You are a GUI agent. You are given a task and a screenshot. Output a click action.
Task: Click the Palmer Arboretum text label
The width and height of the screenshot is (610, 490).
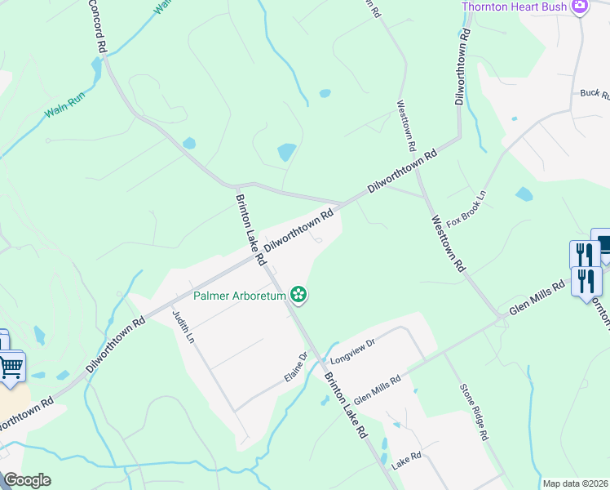tap(239, 296)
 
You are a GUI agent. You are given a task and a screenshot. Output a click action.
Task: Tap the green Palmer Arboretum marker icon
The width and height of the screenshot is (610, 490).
tap(299, 294)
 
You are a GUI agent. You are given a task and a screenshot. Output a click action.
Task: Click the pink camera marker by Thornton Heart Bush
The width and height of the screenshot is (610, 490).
tap(580, 7)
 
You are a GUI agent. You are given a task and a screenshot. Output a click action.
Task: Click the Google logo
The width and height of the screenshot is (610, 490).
tap(26, 480)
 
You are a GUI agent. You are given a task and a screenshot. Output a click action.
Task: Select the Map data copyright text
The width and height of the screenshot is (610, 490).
tap(575, 483)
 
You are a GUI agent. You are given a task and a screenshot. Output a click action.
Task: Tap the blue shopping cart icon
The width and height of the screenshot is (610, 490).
tap(11, 367)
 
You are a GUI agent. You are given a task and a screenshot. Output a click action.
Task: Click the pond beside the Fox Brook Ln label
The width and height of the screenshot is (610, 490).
tap(524, 194)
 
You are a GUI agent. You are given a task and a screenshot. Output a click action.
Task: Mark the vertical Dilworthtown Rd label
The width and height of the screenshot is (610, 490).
tap(462, 67)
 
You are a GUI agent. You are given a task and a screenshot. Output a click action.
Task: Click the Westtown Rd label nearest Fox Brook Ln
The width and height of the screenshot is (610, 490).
tap(448, 243)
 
